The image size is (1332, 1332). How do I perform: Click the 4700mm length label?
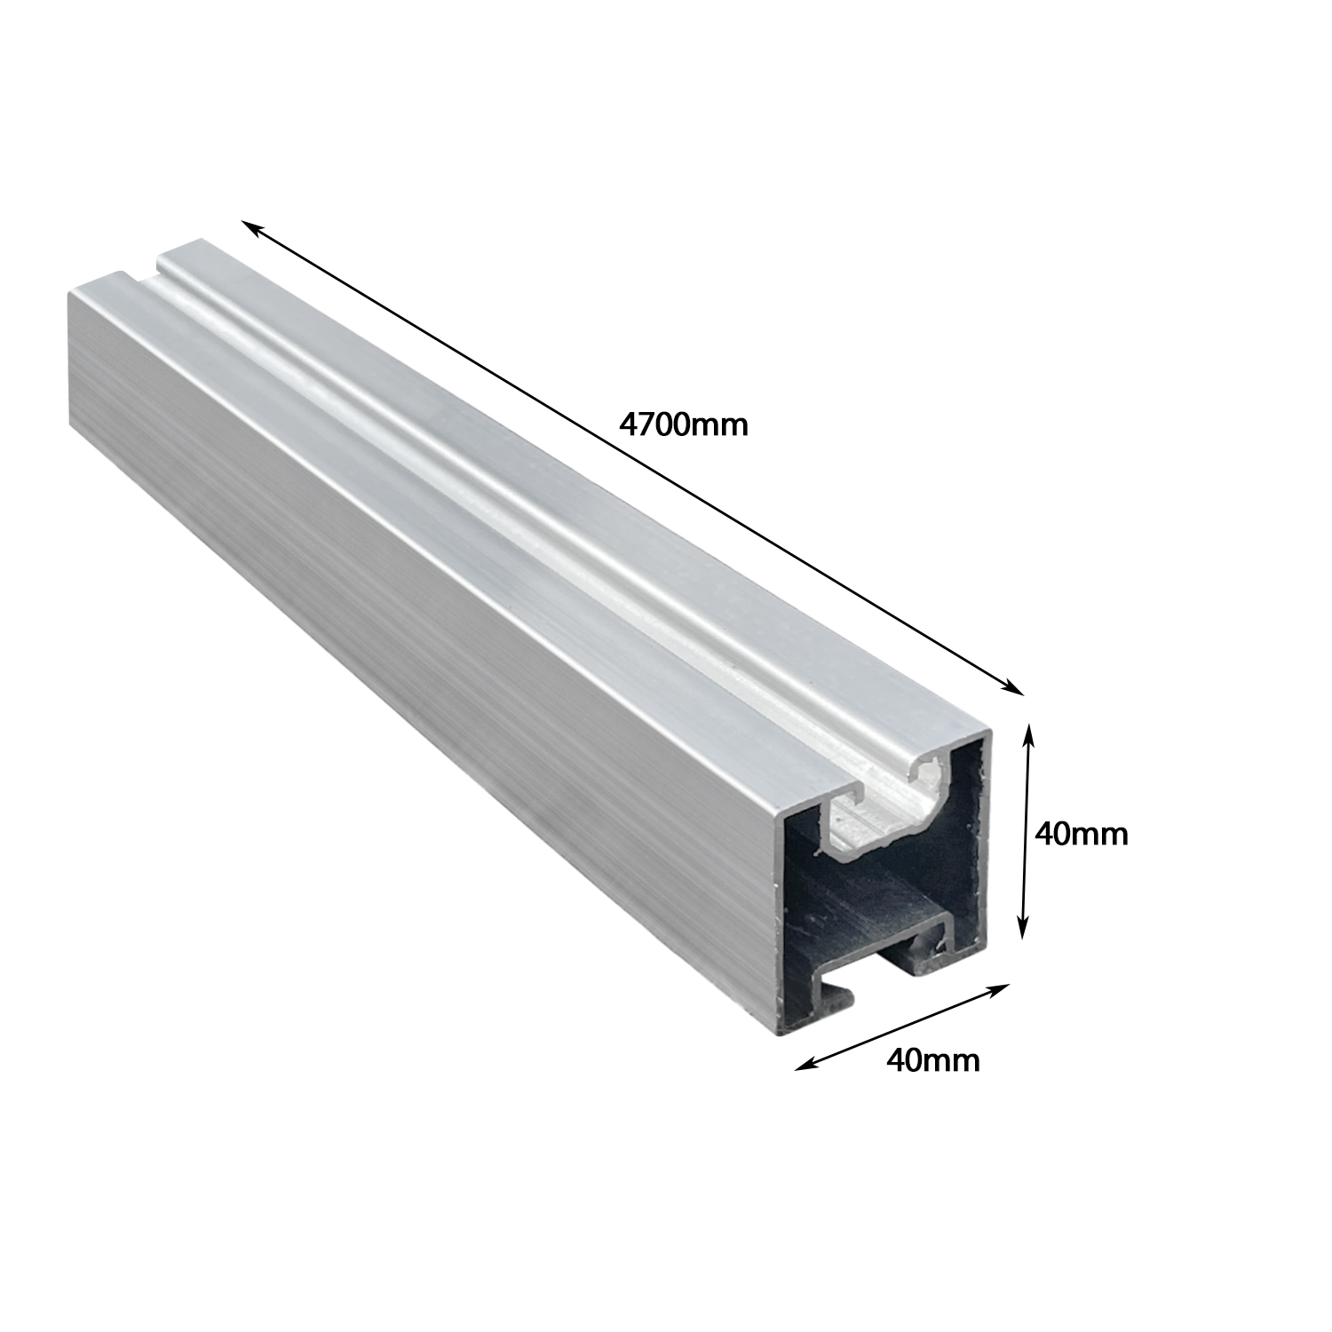[x=684, y=424]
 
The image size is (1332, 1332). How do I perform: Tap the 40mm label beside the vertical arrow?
[x=1082, y=834]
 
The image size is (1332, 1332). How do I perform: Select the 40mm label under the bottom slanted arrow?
[x=933, y=1059]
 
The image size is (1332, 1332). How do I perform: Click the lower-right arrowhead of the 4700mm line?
[x=1013, y=686]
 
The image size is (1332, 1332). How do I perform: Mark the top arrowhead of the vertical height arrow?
[x=1029, y=733]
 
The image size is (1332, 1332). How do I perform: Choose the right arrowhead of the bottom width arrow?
[x=1001, y=987]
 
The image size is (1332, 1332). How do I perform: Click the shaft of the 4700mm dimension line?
[x=632, y=457]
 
